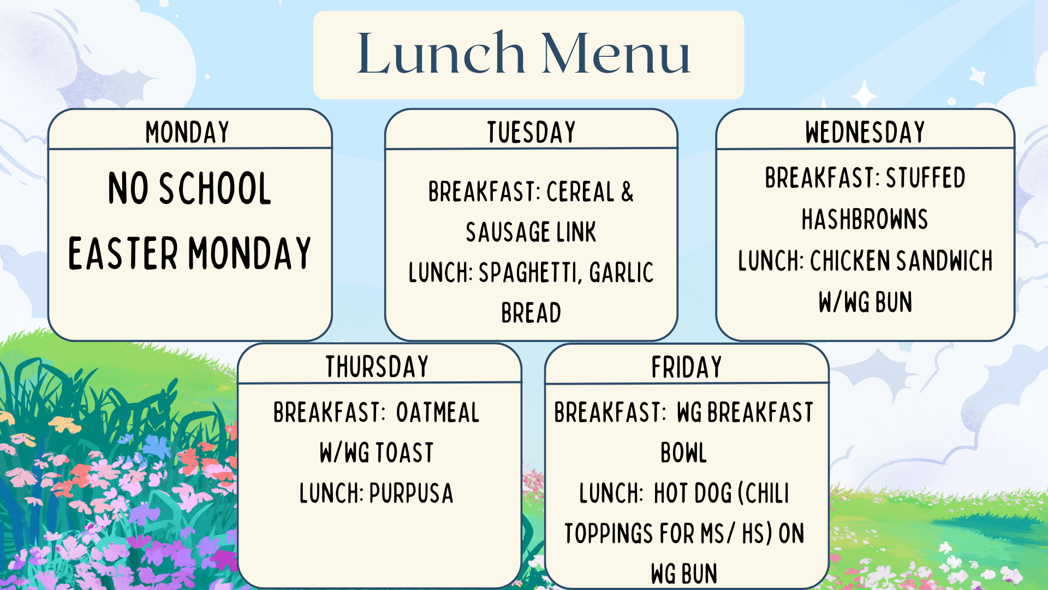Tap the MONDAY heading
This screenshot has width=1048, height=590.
click(187, 132)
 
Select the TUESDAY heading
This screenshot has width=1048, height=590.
click(531, 132)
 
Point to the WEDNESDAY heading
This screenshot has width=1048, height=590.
click(865, 132)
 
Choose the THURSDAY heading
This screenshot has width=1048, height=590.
click(377, 367)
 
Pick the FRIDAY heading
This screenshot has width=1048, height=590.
click(687, 367)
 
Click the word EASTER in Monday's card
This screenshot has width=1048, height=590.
click(123, 253)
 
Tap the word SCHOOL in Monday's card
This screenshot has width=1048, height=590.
click(215, 188)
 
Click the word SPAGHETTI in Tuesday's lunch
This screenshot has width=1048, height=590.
click(528, 273)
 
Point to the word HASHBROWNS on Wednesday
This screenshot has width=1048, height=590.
click(865, 219)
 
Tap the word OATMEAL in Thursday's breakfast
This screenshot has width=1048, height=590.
click(438, 412)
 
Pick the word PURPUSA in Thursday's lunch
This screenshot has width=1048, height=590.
click(411, 493)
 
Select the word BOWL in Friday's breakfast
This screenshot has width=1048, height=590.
click(683, 453)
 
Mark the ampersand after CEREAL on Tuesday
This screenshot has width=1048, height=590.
click(628, 192)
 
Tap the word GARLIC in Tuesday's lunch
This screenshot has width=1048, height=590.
click(621, 273)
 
